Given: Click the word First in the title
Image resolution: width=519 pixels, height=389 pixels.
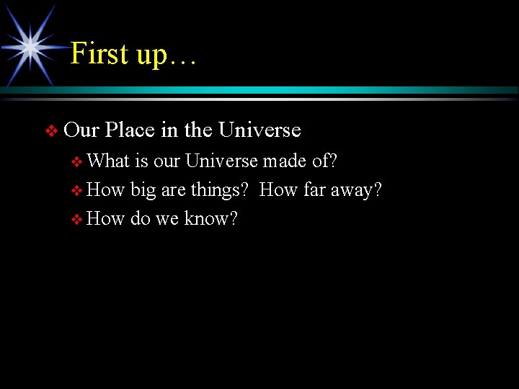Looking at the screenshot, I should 99,54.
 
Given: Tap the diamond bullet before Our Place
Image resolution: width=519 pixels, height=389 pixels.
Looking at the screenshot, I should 50,131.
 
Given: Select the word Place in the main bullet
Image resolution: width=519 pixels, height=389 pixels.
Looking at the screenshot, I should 130,130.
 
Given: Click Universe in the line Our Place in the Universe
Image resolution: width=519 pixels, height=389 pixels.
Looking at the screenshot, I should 259,130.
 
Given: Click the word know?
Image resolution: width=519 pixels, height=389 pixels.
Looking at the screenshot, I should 210,219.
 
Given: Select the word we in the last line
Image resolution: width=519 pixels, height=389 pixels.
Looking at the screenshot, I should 167,219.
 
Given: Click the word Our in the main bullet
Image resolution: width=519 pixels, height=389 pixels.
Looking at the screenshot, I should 81,130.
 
